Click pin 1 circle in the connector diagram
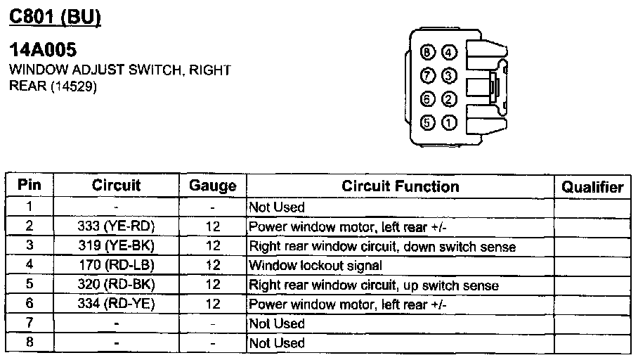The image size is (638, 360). [x=449, y=123]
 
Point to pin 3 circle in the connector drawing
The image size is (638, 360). [x=449, y=75]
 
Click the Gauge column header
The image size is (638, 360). [x=212, y=186]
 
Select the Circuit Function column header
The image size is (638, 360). [x=400, y=186]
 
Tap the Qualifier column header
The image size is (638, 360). [x=592, y=187]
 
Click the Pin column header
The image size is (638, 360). [x=30, y=186]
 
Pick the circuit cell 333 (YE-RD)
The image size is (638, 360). [x=116, y=226]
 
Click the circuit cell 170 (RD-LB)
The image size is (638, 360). [x=116, y=265]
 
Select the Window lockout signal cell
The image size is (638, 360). [x=315, y=266]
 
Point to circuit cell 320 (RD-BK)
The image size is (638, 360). [x=116, y=285]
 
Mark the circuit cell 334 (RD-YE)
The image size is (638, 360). [x=116, y=304]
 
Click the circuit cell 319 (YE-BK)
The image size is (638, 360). [x=116, y=246]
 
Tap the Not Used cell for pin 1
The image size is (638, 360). [x=277, y=207]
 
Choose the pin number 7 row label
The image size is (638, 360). [x=29, y=323]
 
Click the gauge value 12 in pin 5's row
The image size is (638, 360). [x=212, y=285]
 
